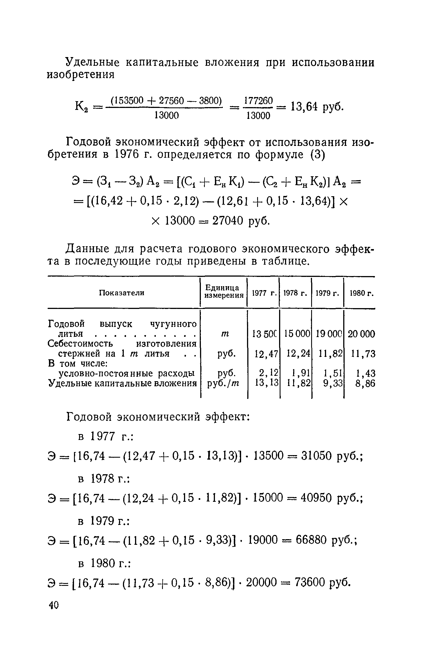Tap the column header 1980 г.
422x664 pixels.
362,293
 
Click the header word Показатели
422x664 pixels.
122,293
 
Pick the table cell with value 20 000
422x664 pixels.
362,334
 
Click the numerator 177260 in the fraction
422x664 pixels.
258,100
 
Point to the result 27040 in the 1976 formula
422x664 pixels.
228,221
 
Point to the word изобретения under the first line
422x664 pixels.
81,74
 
